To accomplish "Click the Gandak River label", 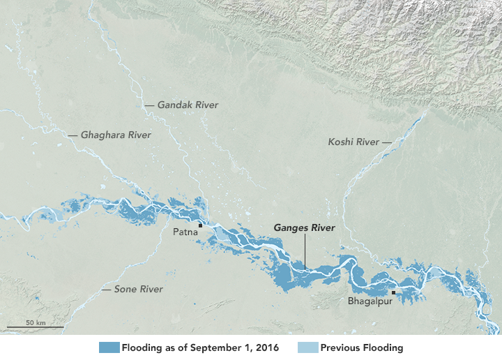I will tap(188, 105).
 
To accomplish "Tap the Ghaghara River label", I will tap(116, 135).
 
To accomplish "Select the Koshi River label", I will tap(353, 142).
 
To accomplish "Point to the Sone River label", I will tap(139, 289).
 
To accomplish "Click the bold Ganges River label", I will tap(305, 228).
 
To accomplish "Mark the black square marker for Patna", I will tap(201, 225).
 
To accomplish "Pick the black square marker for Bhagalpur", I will tap(394, 293).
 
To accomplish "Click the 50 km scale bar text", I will tap(36, 322).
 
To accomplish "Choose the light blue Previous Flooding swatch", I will tap(307, 347).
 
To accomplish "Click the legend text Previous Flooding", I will tap(362, 347).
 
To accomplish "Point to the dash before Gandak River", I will tap(149, 105).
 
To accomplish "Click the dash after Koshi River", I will tap(387, 142).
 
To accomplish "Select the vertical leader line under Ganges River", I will tap(305, 251).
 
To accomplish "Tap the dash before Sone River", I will tap(106, 289).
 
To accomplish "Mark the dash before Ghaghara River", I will tap(73, 135).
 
